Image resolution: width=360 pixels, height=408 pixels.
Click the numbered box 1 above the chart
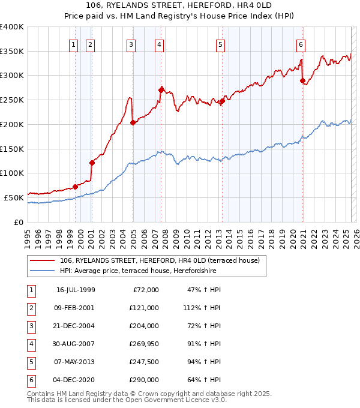click(x=73, y=44)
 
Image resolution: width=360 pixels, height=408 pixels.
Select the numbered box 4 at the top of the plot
click(x=159, y=44)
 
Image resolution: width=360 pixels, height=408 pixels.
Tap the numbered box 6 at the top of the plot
click(x=301, y=44)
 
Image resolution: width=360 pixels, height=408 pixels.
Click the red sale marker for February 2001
click(x=92, y=163)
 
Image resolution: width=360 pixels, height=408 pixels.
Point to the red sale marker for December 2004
click(x=133, y=122)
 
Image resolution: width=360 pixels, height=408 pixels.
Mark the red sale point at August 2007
click(x=161, y=90)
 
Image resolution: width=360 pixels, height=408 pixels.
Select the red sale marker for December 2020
click(x=302, y=80)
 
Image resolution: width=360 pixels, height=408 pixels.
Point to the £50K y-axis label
click(x=14, y=197)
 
